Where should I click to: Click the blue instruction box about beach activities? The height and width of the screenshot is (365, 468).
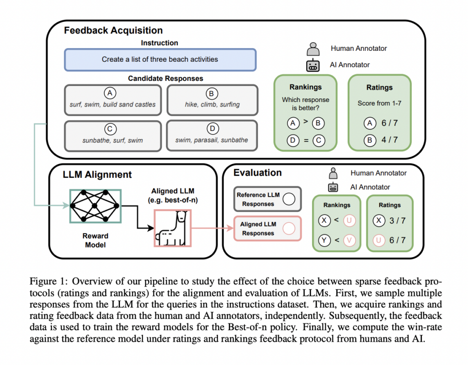160,59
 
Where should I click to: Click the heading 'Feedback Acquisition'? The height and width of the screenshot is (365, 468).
113,31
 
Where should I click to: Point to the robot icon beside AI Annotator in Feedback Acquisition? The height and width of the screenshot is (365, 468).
313,65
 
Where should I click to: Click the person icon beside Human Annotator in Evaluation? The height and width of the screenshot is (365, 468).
334,173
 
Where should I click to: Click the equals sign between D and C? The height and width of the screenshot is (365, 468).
305,140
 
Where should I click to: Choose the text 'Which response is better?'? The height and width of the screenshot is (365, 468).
305,104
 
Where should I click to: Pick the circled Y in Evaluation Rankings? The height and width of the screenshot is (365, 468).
324,240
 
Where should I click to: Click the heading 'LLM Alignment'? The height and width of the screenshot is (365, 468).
97,174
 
